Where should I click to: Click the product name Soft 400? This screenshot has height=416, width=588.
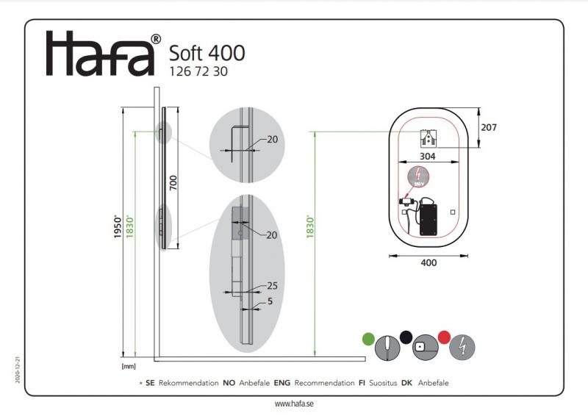[207, 53]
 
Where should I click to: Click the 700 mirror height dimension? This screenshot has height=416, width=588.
[173, 182]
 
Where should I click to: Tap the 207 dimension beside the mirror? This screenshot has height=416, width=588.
[489, 127]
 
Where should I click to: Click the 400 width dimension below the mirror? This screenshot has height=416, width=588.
[428, 262]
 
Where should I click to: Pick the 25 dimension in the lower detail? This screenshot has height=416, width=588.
[272, 285]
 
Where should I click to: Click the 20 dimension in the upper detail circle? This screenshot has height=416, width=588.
[272, 140]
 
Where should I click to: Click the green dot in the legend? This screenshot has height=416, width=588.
[368, 338]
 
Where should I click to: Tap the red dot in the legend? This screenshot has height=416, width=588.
[443, 337]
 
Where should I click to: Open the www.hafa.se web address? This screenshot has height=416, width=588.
[294, 404]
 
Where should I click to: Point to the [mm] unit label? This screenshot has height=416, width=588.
[128, 365]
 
